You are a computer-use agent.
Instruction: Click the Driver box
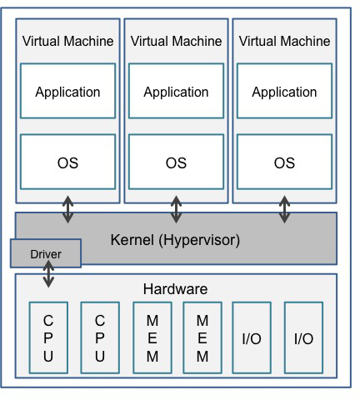(x=46, y=253)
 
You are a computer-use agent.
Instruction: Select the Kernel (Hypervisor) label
(x=175, y=240)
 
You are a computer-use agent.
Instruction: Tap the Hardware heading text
(x=175, y=289)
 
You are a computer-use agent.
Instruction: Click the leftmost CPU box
(x=48, y=337)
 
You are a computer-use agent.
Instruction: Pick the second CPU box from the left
(x=100, y=337)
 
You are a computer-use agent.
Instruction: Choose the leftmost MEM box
(x=152, y=337)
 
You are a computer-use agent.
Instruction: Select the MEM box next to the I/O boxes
(x=202, y=337)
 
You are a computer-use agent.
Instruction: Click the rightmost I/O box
(x=303, y=337)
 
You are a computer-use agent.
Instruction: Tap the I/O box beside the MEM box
(x=252, y=337)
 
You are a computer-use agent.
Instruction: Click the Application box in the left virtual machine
(x=67, y=91)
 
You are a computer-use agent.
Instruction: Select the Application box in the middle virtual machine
(x=176, y=91)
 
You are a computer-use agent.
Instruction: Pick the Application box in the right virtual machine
(x=284, y=91)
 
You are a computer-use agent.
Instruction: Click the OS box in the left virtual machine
(x=67, y=162)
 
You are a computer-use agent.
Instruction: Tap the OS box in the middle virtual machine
(x=176, y=162)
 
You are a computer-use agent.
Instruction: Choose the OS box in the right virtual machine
(x=284, y=162)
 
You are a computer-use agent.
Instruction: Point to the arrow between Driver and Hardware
(x=48, y=273)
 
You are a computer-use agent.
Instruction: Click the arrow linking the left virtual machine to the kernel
(x=67, y=209)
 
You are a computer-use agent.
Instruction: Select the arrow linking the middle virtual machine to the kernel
(x=176, y=209)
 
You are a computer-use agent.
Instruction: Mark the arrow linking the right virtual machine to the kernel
(x=284, y=209)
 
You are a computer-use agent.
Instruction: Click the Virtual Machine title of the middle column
(x=176, y=41)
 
